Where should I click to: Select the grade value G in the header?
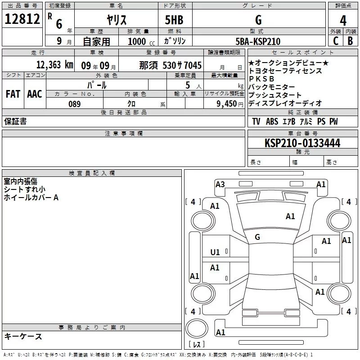coord(258,20)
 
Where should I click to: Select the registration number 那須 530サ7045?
coord(170,65)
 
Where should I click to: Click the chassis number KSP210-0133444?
coord(302,144)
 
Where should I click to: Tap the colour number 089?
coord(74,104)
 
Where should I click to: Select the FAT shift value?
coord(13,94)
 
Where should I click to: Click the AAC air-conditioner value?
coord(34,94)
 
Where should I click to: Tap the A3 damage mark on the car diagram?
coord(220,184)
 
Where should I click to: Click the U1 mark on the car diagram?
coord(215,252)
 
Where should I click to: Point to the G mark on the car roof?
coord(257,237)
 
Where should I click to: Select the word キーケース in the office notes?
coord(23,337)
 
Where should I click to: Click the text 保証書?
coord(15,121)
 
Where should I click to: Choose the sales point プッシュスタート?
coord(275,95)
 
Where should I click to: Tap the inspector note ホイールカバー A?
coord(31,198)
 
